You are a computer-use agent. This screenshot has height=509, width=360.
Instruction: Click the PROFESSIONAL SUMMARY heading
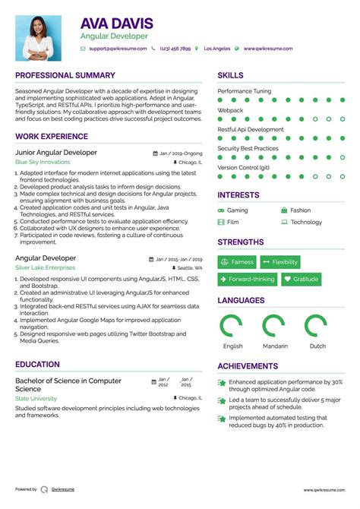pos(65,75)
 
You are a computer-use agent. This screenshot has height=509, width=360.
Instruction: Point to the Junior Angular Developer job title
pos(56,153)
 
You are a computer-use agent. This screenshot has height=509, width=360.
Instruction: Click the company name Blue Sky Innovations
pos(43,163)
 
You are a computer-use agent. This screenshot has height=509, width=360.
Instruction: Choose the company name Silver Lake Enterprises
pos(45,268)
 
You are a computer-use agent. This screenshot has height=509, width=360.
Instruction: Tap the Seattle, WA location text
pos(190,268)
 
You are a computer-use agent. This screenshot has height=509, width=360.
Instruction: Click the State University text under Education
pos(36,398)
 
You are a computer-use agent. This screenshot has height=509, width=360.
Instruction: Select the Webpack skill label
pos(230,110)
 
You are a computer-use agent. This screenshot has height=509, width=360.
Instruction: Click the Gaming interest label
pos(237,210)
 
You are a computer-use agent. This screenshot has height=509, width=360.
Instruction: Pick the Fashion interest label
pos(300,210)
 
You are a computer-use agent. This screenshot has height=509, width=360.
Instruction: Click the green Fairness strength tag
pos(237,262)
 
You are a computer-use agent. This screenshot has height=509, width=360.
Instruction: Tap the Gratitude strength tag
pos(301,280)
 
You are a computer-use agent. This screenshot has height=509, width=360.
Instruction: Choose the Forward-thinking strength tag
pos(247,280)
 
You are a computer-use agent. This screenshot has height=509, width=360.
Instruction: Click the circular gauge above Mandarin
pos(275,325)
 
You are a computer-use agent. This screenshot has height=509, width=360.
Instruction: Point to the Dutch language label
pos(317,346)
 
